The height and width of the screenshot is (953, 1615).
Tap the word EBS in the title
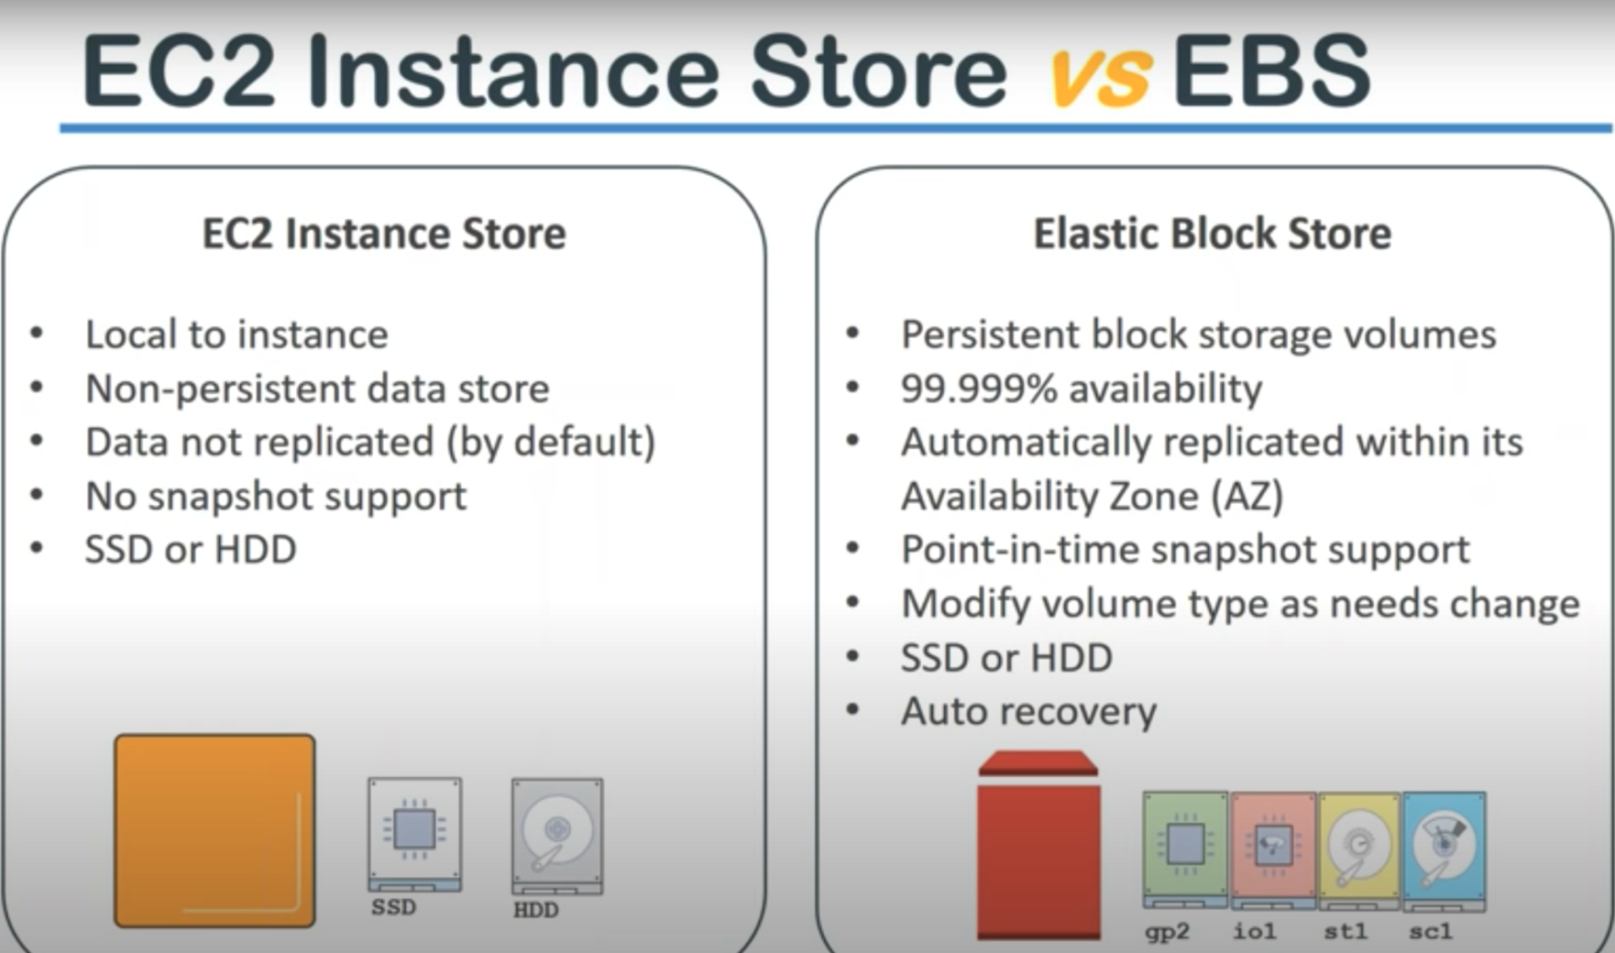click(1271, 70)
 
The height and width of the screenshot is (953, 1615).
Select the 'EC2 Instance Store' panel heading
click(384, 233)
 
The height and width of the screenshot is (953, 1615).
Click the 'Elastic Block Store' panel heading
click(1213, 233)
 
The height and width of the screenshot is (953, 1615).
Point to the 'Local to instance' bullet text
click(236, 334)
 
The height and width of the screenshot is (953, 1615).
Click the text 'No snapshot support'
click(276, 497)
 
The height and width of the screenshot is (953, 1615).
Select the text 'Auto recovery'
click(1029, 712)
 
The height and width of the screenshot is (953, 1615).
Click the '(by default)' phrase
click(551, 443)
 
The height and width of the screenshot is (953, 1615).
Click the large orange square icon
click(214, 830)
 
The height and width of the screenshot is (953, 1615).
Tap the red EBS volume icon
click(1038, 845)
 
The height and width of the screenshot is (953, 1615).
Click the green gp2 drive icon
click(1185, 849)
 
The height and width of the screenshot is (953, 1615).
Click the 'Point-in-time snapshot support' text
click(1185, 551)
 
